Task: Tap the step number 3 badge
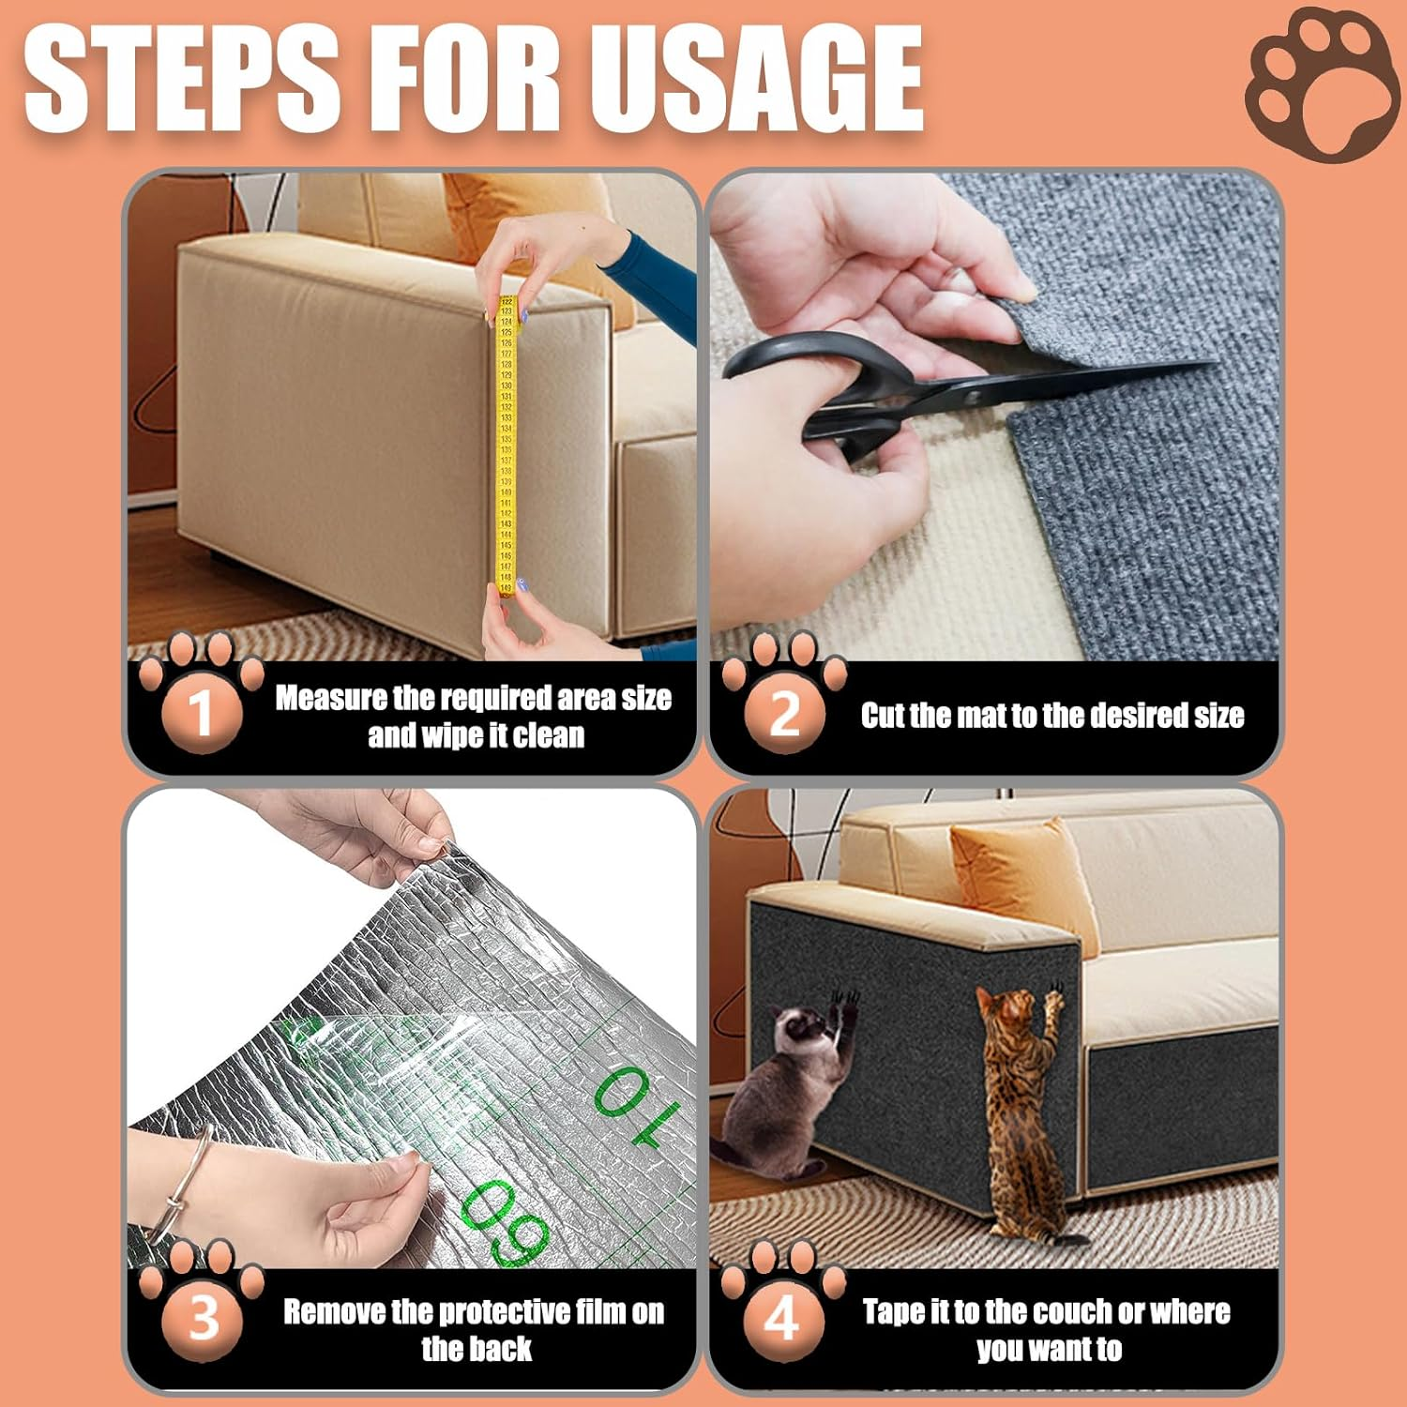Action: pyautogui.click(x=203, y=1318)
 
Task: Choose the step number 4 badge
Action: pyautogui.click(x=782, y=1318)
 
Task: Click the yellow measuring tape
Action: pyautogui.click(x=506, y=441)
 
